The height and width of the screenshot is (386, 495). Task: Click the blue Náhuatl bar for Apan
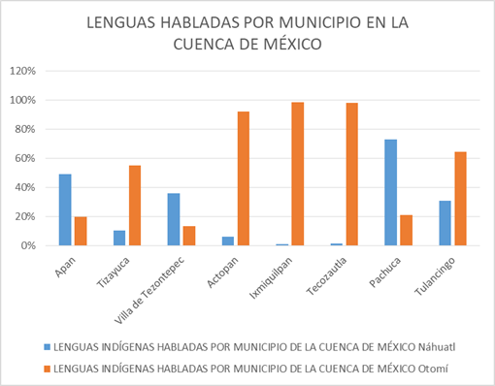coord(65,209)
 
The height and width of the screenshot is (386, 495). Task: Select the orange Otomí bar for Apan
coord(81,231)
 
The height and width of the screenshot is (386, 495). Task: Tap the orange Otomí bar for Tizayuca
coord(135,206)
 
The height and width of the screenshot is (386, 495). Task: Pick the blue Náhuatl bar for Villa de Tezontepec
coord(174,219)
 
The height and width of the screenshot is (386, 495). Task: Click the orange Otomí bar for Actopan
coord(244,178)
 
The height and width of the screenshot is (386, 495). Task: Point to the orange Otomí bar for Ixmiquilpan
coord(298,174)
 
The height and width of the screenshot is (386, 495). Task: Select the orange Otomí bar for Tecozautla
coord(352,175)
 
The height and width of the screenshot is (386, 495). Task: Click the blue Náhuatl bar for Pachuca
coord(391,193)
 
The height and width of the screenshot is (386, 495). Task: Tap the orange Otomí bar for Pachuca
coord(407,231)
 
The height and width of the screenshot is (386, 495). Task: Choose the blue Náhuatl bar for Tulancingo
coord(445,223)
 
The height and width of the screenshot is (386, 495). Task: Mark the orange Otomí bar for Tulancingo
coord(461,199)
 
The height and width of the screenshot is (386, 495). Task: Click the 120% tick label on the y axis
coord(22,71)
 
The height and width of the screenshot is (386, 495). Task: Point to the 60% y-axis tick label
coord(25,158)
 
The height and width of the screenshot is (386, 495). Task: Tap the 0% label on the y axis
coord(28,245)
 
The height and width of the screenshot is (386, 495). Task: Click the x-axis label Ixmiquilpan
coord(271,278)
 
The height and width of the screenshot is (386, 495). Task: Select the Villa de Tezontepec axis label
coord(149,290)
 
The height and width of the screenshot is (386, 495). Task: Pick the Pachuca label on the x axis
coord(385,272)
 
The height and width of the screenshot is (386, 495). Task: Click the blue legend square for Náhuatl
coord(48,347)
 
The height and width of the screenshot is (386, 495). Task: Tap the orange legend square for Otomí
coord(48,369)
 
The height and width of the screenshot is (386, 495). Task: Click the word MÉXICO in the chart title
coord(293,45)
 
